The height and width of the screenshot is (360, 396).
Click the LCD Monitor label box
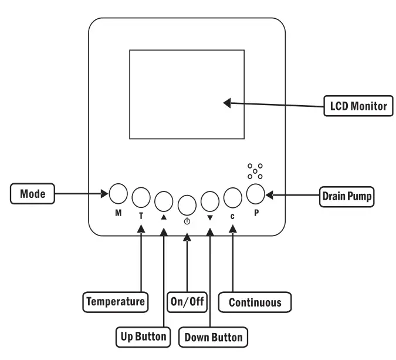tap(358, 106)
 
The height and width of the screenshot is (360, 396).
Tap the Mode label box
tap(33, 194)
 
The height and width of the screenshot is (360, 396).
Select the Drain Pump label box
tap(347, 197)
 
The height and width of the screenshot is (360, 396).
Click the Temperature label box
tap(116, 302)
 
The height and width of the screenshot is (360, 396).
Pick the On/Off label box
tap(187, 302)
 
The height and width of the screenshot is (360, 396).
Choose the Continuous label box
tap(255, 302)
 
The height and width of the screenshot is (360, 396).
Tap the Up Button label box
tap(143, 337)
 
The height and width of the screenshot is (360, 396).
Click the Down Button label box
tap(214, 337)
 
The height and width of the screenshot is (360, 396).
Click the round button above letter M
tap(118, 194)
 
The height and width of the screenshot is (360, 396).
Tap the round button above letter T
tap(141, 197)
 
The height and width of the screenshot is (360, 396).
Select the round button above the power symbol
tap(187, 206)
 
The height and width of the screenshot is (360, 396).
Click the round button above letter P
tap(256, 194)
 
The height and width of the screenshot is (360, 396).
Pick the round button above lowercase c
tap(232, 198)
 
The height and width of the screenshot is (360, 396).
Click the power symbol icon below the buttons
tap(187, 221)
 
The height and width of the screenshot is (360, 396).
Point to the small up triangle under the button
tap(164, 217)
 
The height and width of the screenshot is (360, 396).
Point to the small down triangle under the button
tap(209, 217)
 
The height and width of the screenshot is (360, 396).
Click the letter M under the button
tap(118, 213)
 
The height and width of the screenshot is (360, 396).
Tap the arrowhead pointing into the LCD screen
tap(227, 103)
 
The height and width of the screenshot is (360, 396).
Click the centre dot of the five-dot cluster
tap(255, 171)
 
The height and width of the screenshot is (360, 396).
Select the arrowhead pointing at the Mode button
tap(104, 194)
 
